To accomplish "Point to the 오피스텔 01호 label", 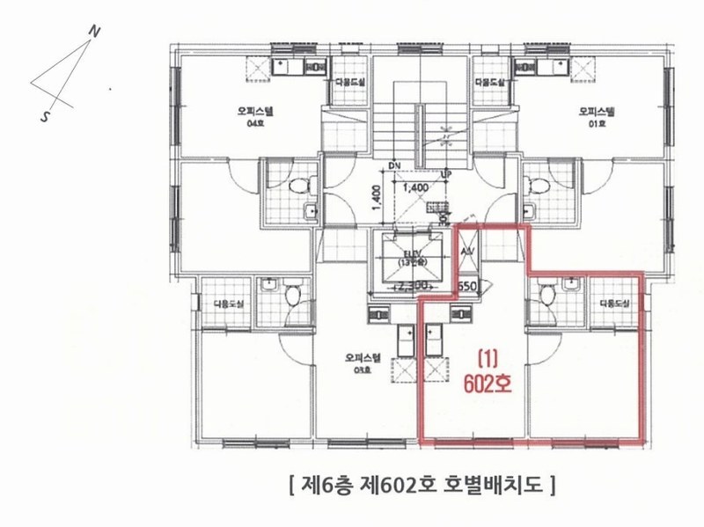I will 596,116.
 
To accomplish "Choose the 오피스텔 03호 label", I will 363,363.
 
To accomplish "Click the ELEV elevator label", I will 408,258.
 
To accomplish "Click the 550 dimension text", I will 467,286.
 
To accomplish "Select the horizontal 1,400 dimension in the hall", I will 414,187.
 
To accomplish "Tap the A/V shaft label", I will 467,251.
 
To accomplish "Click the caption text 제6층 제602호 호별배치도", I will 420,483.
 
